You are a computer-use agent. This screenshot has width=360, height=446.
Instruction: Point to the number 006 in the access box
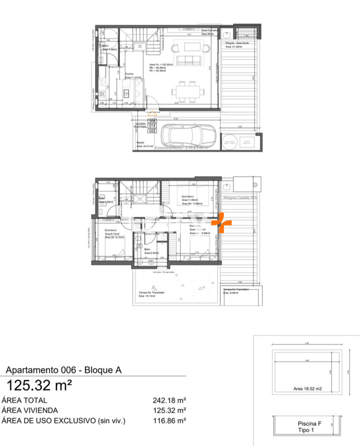(153, 121)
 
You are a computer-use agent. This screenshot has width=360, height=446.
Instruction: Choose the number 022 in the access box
(153, 131)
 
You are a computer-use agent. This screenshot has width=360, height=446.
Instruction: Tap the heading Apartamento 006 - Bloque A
(63, 370)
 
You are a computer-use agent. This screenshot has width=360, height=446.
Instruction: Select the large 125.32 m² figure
(39, 385)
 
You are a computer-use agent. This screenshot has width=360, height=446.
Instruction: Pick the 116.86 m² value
(169, 421)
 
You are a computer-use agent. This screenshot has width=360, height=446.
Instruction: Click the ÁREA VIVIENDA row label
(30, 410)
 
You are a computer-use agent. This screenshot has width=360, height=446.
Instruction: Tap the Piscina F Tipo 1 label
(309, 427)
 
